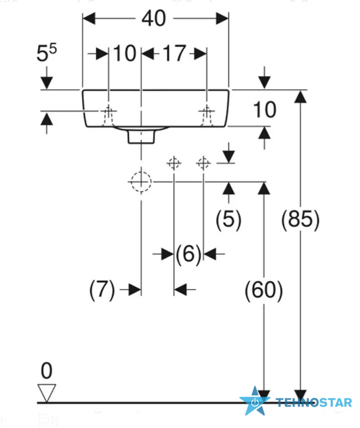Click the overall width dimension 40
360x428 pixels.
[154, 18]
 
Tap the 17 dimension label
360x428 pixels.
[174, 53]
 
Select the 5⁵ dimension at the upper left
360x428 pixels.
[47, 53]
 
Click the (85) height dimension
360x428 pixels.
[300, 219]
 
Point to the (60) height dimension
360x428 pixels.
[264, 290]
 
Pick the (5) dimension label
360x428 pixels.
[228, 219]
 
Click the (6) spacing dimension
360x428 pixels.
[189, 254]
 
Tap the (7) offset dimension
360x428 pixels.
[102, 290]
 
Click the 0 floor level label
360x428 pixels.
[47, 370]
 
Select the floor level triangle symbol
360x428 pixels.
[47, 393]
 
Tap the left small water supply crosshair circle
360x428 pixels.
[174, 163]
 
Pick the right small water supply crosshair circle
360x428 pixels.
[203, 163]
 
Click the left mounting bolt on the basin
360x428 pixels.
[108, 116]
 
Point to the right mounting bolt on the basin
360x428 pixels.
[206, 116]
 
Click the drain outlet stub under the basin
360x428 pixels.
[141, 136]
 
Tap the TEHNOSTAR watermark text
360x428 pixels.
[314, 403]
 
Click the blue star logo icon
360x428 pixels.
[255, 401]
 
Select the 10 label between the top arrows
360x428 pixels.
[125, 53]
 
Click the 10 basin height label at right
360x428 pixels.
[264, 110]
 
